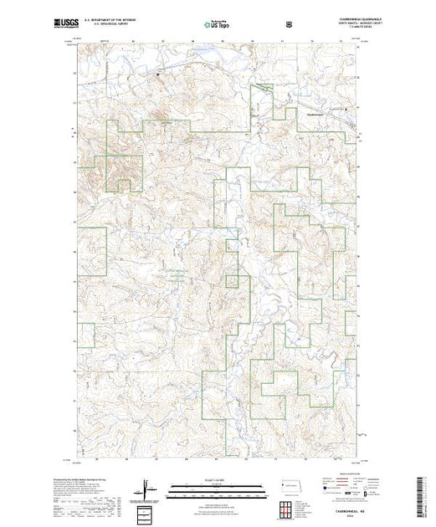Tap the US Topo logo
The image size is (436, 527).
pos(216,24)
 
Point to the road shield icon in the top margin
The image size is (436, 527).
pos(290,24)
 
